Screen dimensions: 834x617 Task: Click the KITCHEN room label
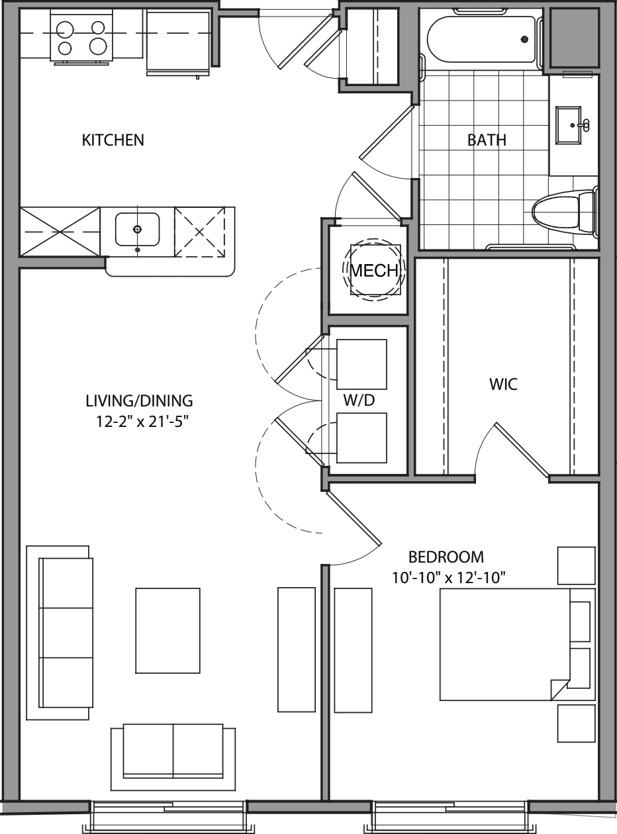coord(113,140)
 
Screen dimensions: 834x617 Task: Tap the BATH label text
coord(487,140)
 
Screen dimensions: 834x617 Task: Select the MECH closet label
coord(374,270)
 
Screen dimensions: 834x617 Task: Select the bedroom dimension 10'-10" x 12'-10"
coord(449,578)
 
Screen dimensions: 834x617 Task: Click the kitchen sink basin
coord(137,230)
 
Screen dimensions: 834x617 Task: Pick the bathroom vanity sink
coord(573,125)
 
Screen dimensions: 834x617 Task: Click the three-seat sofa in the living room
coord(65,632)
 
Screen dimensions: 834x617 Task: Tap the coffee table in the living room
coord(168,630)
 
